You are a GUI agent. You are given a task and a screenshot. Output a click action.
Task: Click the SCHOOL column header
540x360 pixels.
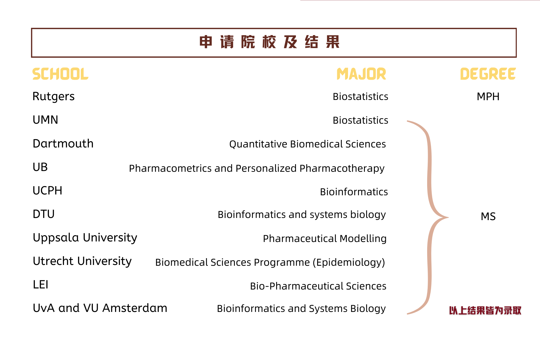click(x=60, y=74)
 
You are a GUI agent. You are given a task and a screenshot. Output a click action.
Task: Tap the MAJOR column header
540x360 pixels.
click(x=361, y=74)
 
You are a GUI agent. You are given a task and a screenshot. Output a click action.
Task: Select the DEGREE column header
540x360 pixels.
click(x=488, y=74)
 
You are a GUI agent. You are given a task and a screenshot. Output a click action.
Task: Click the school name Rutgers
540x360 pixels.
click(x=53, y=97)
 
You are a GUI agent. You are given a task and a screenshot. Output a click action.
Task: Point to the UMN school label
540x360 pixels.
click(x=45, y=120)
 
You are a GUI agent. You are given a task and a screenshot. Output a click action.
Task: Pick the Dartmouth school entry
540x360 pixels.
click(x=63, y=143)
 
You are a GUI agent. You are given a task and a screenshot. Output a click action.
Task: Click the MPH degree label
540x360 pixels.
click(x=488, y=97)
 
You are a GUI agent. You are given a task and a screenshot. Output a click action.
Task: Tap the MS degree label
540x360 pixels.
click(x=488, y=216)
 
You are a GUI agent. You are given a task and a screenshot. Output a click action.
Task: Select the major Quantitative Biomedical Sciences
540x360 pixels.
click(x=308, y=144)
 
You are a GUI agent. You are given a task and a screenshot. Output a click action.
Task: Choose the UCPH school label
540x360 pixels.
click(x=47, y=191)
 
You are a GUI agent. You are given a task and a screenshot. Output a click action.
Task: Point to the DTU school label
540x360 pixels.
click(x=43, y=214)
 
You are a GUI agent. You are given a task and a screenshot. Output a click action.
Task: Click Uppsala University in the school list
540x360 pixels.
click(x=85, y=238)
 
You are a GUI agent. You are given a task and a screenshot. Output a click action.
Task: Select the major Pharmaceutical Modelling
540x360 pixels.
click(x=325, y=239)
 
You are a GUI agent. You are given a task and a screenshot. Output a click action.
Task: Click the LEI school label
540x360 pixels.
click(x=40, y=285)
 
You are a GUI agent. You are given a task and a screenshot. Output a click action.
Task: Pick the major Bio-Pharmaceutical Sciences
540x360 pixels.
click(x=318, y=286)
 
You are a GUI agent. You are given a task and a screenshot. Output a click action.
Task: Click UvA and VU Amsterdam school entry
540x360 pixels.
click(x=100, y=308)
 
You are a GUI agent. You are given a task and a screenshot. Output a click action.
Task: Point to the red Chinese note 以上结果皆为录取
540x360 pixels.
click(x=485, y=311)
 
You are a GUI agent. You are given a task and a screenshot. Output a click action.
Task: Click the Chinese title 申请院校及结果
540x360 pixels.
click(x=269, y=42)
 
